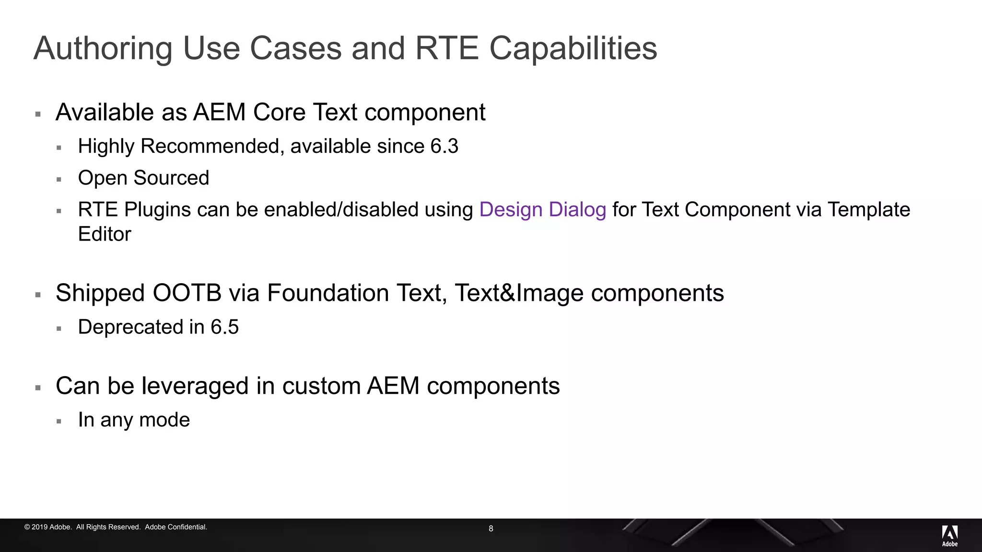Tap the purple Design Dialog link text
pyautogui.click(x=542, y=210)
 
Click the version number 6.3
pyautogui.click(x=444, y=147)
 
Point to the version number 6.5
pyautogui.click(x=224, y=327)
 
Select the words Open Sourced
pyautogui.click(x=143, y=178)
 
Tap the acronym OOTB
pyautogui.click(x=187, y=293)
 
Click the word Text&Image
pyautogui.click(x=519, y=293)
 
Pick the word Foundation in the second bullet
pyautogui.click(x=327, y=293)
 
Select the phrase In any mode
pyautogui.click(x=134, y=420)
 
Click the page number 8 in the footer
pyautogui.click(x=491, y=529)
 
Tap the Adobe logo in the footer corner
pyautogui.click(x=949, y=536)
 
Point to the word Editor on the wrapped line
pyautogui.click(x=105, y=234)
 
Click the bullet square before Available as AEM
pyautogui.click(x=38, y=114)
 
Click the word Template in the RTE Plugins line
pyautogui.click(x=868, y=210)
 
